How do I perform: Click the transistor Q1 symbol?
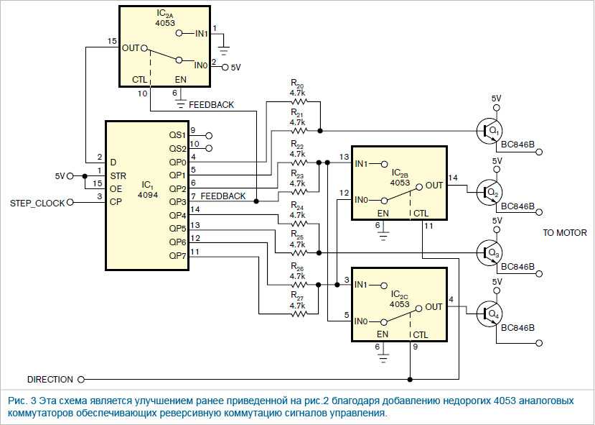pos(489,131)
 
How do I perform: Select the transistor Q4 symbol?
pos(489,314)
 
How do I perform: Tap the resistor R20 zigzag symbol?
pos(299,101)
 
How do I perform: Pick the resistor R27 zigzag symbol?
pos(299,314)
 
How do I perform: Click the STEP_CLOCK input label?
pos(37,204)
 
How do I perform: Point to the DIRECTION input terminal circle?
pos(81,380)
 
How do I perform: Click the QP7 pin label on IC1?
pos(177,256)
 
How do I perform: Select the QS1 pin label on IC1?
pos(177,135)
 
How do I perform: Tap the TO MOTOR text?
pos(565,233)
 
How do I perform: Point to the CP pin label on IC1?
pos(116,202)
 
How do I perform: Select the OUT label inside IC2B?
pos(434,185)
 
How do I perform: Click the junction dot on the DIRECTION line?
pos(411,380)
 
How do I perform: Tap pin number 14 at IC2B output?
pos(453,178)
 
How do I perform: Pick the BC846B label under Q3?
pos(517,267)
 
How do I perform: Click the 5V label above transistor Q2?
pos(497,161)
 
